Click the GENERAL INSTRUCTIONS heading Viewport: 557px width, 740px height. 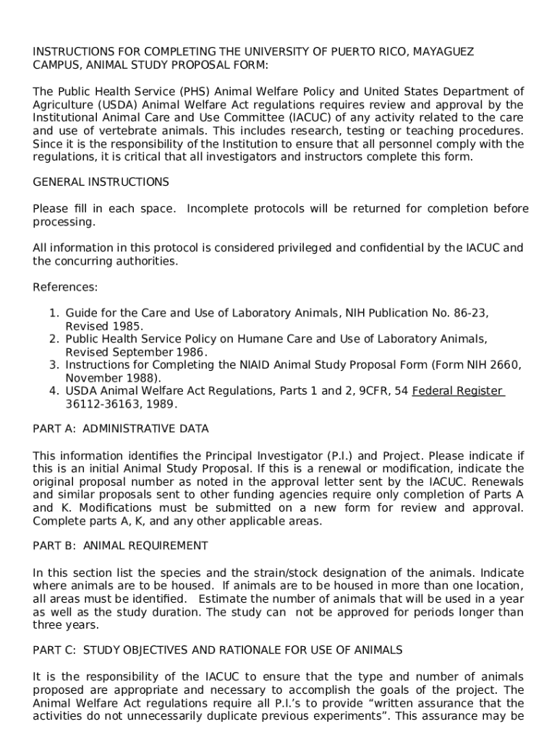click(x=101, y=182)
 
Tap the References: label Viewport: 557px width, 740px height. click(x=65, y=287)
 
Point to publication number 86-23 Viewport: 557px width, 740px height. click(x=469, y=313)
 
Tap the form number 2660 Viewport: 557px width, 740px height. click(x=504, y=365)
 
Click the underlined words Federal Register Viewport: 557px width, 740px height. click(x=457, y=391)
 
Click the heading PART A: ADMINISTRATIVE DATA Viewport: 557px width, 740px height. click(x=121, y=429)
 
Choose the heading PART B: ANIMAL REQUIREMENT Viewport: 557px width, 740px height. click(x=120, y=546)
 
